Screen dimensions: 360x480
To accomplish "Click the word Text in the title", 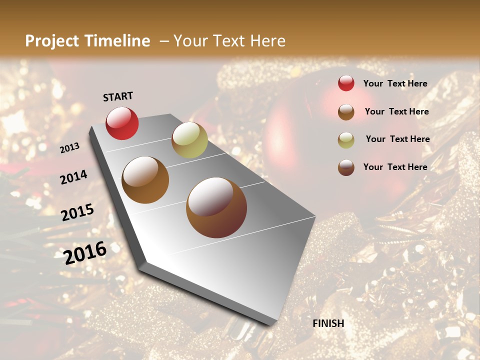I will [x=229, y=41].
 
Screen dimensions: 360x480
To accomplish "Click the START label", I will [x=118, y=96].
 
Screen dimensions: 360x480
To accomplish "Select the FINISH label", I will [x=328, y=323].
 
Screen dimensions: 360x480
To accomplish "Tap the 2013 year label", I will [x=70, y=148].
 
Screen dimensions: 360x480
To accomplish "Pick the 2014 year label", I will [x=73, y=177].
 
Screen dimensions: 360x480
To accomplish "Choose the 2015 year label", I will [x=77, y=212].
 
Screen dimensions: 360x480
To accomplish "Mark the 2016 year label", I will [x=85, y=252].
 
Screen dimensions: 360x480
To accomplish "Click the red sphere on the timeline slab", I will [x=122, y=123].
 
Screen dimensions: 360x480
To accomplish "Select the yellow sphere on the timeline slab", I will [x=189, y=140].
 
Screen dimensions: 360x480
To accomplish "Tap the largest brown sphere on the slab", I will [x=216, y=207].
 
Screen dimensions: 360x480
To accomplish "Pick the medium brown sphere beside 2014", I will [x=145, y=179].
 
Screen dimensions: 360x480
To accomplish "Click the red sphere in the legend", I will [x=346, y=83].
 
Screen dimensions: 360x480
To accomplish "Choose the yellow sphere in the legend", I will [x=346, y=139].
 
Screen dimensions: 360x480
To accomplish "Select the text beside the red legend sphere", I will [x=395, y=84].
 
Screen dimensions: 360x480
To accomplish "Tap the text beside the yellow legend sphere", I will [x=397, y=139].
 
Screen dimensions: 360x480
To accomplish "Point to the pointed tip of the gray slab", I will [x=270, y=324].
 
